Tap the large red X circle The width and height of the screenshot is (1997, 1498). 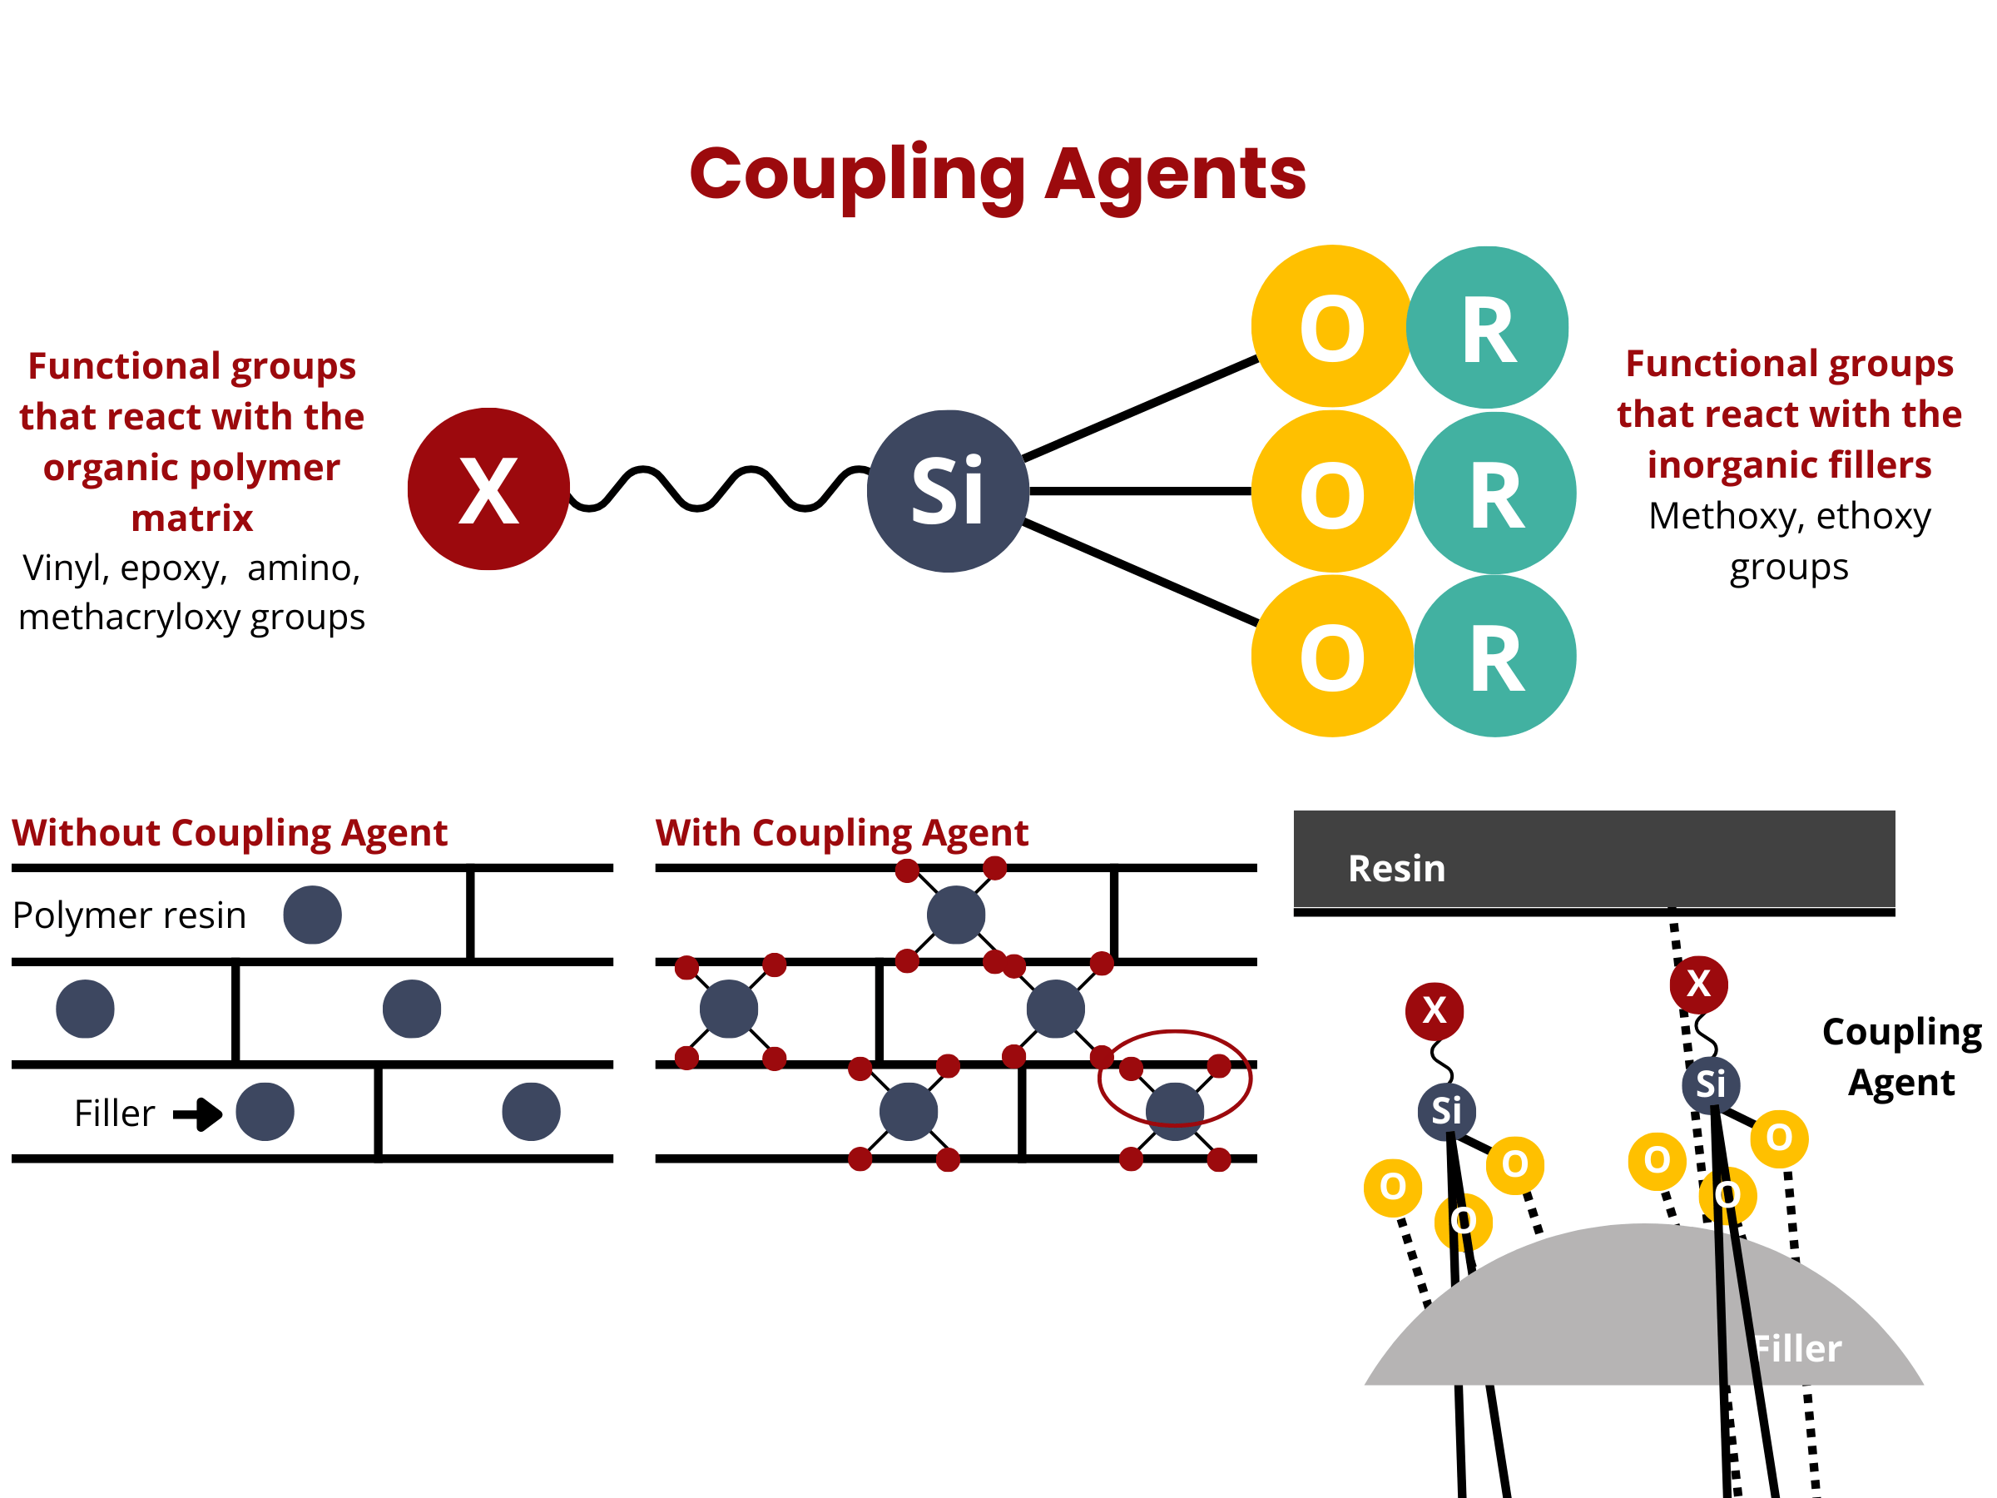pyautogui.click(x=488, y=489)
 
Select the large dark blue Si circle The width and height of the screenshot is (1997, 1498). pyautogui.click(x=948, y=491)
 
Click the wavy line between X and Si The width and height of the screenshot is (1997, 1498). pyautogui.click(x=719, y=489)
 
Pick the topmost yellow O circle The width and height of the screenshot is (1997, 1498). pyautogui.click(x=1332, y=326)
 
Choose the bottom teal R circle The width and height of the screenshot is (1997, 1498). pyautogui.click(x=1495, y=657)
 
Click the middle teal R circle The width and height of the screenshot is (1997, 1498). pyautogui.click(x=1495, y=492)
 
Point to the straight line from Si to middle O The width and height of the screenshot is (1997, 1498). pyautogui.click(x=1141, y=491)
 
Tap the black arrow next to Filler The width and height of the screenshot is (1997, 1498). pyautogui.click(x=198, y=1114)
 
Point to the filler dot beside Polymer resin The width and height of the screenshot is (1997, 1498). pyautogui.click(x=312, y=915)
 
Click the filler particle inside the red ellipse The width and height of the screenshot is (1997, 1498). pyautogui.click(x=1175, y=1112)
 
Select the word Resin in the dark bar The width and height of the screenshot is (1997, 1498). pyautogui.click(x=1396, y=869)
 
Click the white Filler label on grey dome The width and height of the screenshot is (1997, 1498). pyautogui.click(x=1796, y=1349)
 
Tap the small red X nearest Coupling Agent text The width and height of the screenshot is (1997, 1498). pyautogui.click(x=1699, y=985)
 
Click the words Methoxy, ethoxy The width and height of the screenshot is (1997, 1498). pyautogui.click(x=1789, y=517)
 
